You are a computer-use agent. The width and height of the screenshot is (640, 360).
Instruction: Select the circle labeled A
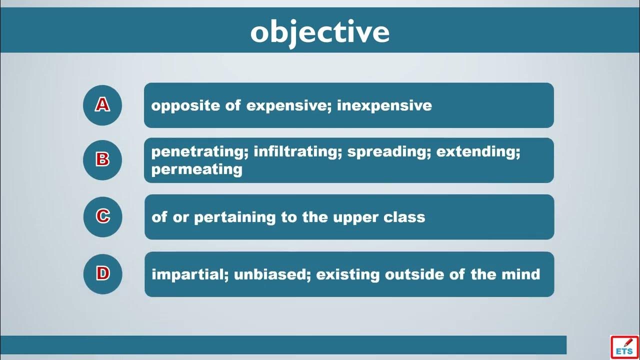[x=102, y=105]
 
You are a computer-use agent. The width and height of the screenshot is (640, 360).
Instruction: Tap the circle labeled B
[x=102, y=160]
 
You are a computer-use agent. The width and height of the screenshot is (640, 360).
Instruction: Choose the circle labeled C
[x=102, y=217]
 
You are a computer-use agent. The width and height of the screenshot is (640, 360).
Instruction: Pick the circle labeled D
[x=102, y=274]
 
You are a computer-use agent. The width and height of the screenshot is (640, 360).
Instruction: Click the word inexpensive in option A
[x=384, y=105]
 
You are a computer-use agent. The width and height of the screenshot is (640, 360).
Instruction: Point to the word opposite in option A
[x=185, y=105]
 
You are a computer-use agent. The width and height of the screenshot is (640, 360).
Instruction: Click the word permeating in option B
[x=197, y=169]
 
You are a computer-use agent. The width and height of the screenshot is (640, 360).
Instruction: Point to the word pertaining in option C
[x=235, y=217]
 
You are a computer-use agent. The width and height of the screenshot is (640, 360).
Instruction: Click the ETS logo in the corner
[x=624, y=347]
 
